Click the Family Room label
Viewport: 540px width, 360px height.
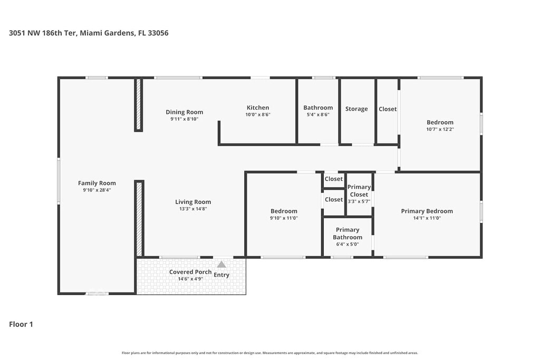(97, 183)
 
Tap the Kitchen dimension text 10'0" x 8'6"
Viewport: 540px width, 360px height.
(257, 114)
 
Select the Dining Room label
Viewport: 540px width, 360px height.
(184, 112)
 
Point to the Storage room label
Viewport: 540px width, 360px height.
(356, 109)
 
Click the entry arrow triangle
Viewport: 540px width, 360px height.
(221, 264)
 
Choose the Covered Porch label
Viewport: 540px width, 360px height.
(190, 272)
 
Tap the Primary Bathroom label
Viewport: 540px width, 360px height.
(348, 233)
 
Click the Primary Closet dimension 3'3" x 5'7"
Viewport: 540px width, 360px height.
(359, 201)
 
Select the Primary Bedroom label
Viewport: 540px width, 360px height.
(427, 211)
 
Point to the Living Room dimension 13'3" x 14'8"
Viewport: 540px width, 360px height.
(193, 209)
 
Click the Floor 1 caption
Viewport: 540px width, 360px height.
(21, 324)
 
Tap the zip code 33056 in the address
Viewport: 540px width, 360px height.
(158, 33)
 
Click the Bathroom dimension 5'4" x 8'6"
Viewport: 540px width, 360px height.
(318, 114)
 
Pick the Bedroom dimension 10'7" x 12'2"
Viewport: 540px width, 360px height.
(440, 129)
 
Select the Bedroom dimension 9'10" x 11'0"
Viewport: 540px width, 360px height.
(284, 218)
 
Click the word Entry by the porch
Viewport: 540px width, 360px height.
(221, 275)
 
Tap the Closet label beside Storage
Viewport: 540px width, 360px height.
(388, 109)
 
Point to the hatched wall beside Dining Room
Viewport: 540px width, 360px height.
(139, 105)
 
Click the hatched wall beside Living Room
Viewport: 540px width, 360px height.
(139, 219)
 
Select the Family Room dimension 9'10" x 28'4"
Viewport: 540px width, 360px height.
(97, 190)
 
